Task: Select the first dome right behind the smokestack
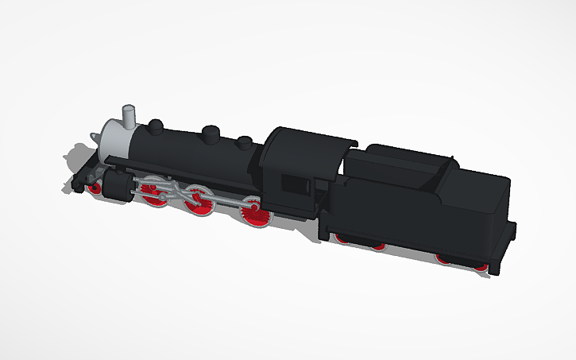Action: click(157, 125)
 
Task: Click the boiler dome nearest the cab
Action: click(245, 144)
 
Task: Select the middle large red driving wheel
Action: click(199, 203)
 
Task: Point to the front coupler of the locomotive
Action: click(76, 184)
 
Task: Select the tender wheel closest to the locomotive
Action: click(342, 238)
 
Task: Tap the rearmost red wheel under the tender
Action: click(481, 266)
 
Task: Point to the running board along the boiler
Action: click(183, 171)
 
